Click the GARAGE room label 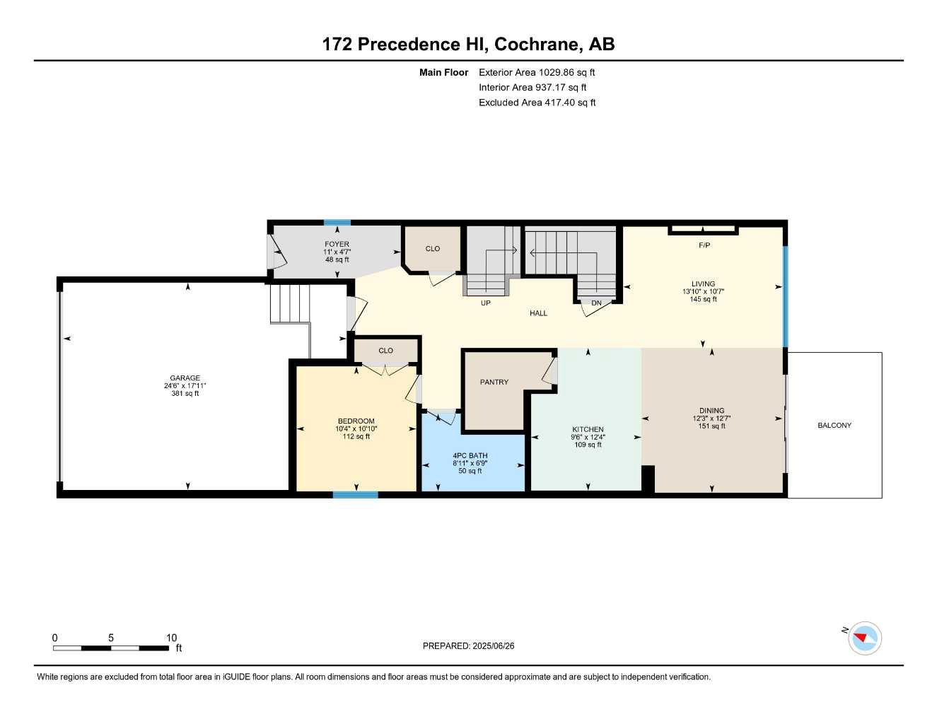pos(185,378)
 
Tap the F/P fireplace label pos(704,245)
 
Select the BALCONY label pos(834,425)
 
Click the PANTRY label pos(494,382)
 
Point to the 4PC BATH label pos(470,455)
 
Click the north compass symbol pos(864,638)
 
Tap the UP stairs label pos(485,303)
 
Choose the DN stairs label pos(596,303)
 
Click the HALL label pos(538,313)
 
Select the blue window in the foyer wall pos(337,223)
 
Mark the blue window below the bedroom pos(355,495)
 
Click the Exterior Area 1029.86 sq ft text pos(537,72)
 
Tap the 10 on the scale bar pos(171,638)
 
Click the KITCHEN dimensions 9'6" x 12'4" pos(588,437)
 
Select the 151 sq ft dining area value pos(711,426)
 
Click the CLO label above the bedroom pos(385,350)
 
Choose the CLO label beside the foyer pos(432,248)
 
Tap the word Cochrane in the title pos(537,44)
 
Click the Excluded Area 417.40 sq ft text pos(537,103)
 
